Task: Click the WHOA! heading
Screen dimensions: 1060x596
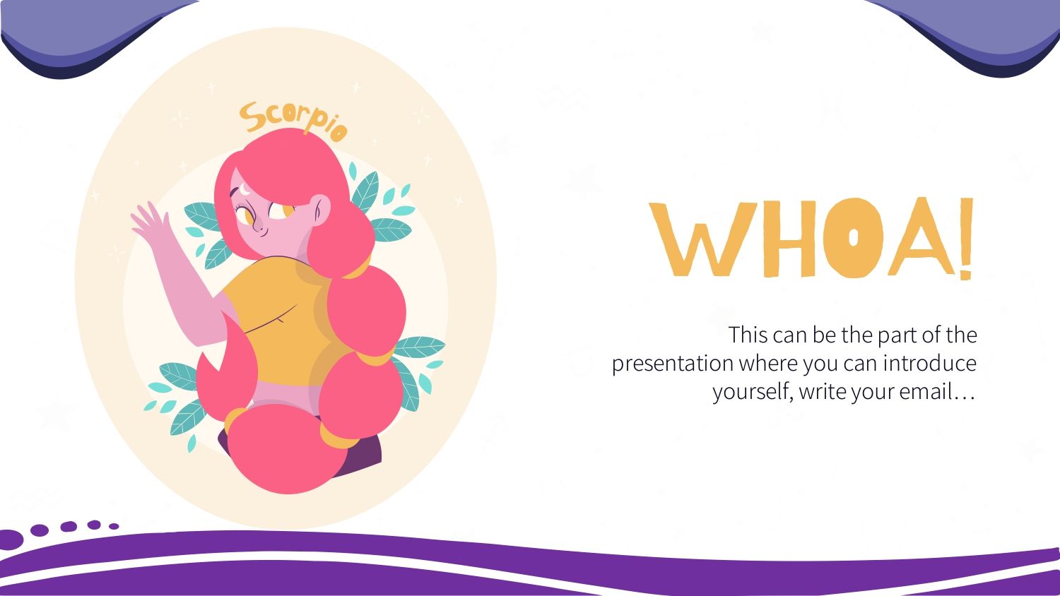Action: click(x=811, y=238)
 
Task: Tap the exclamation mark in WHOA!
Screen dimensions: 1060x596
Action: click(x=966, y=239)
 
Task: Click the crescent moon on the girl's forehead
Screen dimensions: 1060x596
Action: click(x=246, y=189)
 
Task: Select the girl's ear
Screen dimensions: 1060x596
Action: click(x=320, y=208)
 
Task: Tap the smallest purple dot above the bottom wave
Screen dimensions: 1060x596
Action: click(x=114, y=526)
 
